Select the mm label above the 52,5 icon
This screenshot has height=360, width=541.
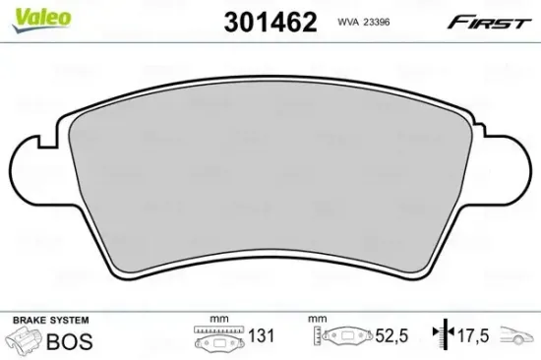click(x=318, y=320)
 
